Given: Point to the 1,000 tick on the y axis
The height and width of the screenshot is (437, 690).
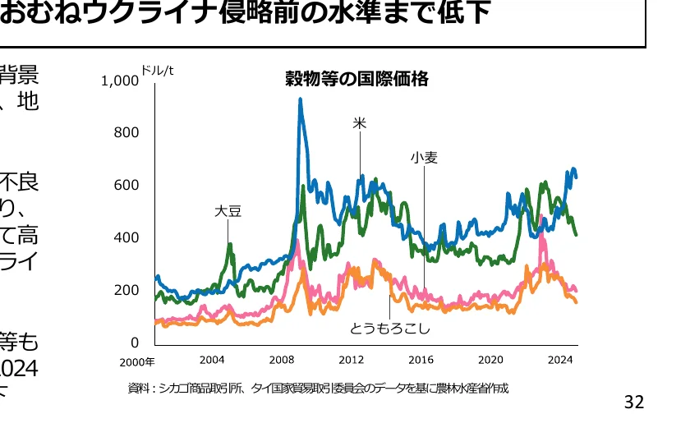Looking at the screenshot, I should point(120,80).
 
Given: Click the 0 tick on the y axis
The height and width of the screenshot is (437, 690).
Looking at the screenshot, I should point(135,343).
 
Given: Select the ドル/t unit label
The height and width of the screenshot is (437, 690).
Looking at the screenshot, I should point(157,70).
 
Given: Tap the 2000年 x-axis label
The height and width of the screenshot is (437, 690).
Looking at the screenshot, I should point(136,361).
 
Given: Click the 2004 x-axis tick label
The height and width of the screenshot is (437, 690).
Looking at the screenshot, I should point(212,360).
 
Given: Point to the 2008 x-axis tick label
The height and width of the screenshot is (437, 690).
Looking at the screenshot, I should point(282,360).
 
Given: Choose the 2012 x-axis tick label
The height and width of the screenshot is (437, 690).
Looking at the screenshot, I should point(351,360).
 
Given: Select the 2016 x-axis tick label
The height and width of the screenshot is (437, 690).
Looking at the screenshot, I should point(421,360).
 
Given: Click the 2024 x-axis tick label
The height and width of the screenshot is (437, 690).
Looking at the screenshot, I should point(559,360).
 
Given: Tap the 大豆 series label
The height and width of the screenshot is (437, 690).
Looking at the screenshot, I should point(228,210).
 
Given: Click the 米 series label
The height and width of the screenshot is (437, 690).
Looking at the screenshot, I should point(360,123).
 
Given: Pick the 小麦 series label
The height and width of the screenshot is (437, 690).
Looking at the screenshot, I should point(425,157).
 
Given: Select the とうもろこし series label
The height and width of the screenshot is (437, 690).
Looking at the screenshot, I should point(390,329).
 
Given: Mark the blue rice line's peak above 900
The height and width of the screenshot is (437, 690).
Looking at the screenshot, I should point(300,99).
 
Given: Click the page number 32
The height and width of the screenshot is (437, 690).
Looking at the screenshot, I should point(634,402).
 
